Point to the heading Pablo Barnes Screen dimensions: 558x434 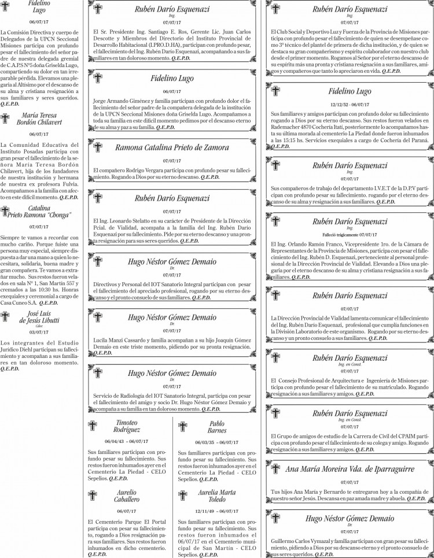click(x=217, y=427)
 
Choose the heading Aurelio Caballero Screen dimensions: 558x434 click(x=127, y=495)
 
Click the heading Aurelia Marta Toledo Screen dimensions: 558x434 click(x=217, y=495)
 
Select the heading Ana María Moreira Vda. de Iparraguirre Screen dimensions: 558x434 click(x=350, y=469)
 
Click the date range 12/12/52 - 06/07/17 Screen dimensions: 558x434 click(x=350, y=104)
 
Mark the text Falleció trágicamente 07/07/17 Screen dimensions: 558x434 click(x=350, y=235)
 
